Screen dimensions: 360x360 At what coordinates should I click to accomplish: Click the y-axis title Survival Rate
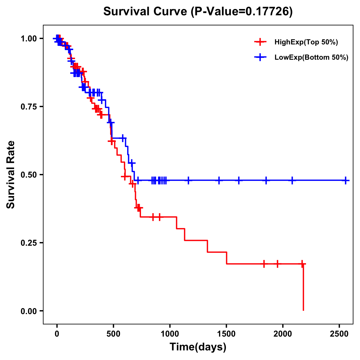[x=11, y=175]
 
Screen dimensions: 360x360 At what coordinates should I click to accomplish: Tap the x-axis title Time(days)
[x=198, y=347]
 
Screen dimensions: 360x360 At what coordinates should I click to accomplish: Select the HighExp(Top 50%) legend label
[x=306, y=42]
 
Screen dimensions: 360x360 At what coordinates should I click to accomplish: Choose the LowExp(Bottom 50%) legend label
[x=311, y=58]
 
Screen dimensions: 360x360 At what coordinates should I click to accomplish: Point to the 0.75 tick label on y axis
[x=29, y=107]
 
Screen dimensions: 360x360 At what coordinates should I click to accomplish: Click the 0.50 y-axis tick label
[x=29, y=175]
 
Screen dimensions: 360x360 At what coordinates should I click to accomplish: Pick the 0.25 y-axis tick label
[x=29, y=243]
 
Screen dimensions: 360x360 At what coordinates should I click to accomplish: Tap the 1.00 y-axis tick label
[x=29, y=39]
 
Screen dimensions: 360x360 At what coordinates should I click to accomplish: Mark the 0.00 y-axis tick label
[x=29, y=311]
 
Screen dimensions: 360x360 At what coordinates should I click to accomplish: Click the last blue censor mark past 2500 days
[x=346, y=181]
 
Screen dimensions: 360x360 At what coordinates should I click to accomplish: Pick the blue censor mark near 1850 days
[x=266, y=181]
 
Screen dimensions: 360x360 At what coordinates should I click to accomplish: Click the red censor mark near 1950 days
[x=277, y=264]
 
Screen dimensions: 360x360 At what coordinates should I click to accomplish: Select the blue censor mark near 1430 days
[x=219, y=181]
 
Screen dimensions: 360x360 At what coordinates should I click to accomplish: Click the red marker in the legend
[x=260, y=42]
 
